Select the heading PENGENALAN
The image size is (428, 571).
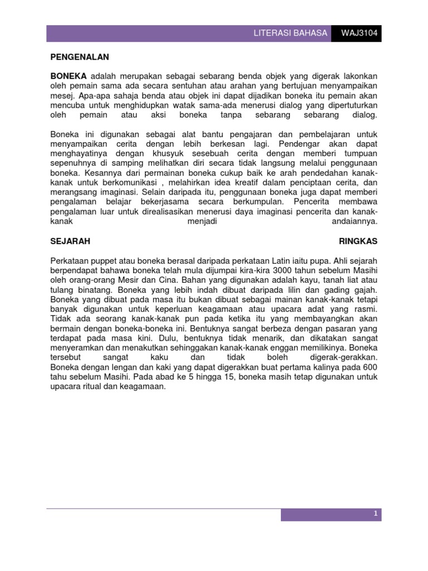click(80, 57)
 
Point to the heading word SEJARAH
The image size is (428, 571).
click(70, 241)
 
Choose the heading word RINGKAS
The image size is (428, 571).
click(358, 241)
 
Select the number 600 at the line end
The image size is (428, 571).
click(370, 366)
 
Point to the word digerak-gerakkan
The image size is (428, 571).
click(344, 356)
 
